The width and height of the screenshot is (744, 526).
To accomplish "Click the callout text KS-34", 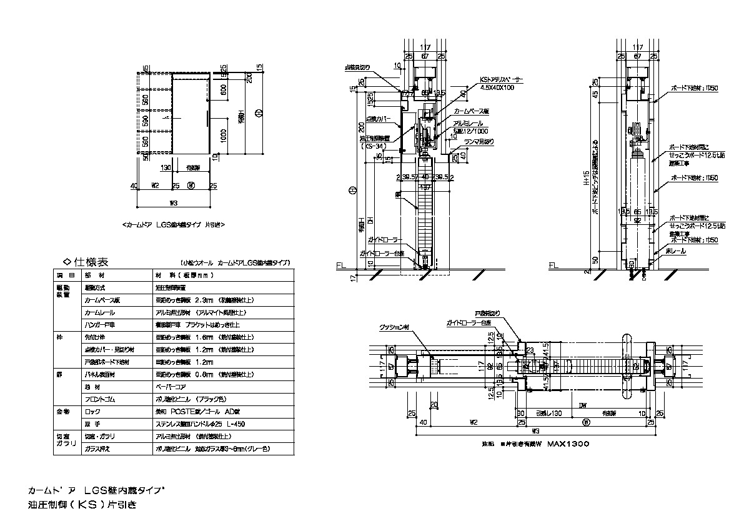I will pos(376,147).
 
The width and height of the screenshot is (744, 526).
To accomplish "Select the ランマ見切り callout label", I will pos(479,141).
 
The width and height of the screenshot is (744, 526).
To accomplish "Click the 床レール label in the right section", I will pos(677,251).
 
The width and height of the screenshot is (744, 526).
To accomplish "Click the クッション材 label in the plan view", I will pos(394,327).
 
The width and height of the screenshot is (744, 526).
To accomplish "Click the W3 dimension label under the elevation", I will pos(174,202).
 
